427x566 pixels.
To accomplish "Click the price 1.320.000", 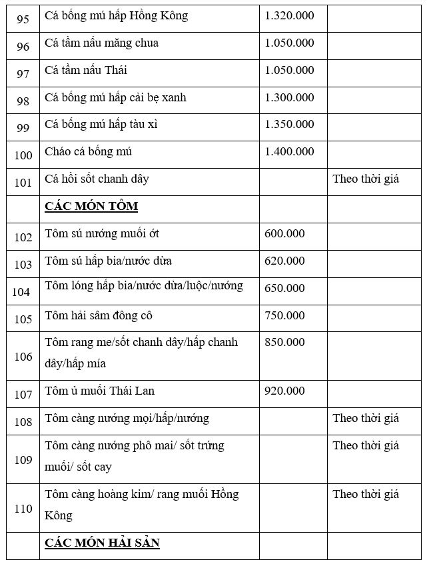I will (x=289, y=16).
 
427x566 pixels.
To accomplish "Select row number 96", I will (x=23, y=47).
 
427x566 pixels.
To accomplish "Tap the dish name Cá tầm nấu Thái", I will (x=86, y=71).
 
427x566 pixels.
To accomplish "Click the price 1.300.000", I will (x=289, y=98).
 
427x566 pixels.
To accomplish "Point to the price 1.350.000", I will (x=289, y=125).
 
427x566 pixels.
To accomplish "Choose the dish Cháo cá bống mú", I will (x=89, y=152).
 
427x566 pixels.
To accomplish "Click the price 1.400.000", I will (x=289, y=152).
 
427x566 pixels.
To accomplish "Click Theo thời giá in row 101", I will (x=366, y=179).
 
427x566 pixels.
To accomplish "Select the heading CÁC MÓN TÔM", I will (x=91, y=206).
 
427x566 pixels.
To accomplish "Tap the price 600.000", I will (x=284, y=234).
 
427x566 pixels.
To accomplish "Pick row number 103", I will (x=23, y=265).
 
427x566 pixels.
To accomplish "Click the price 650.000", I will (x=284, y=289).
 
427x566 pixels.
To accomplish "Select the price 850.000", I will (x=284, y=343).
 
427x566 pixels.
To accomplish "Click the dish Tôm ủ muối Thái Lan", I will (x=100, y=391).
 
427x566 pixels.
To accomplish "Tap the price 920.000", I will (x=284, y=391).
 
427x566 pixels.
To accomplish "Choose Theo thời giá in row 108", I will (x=366, y=419).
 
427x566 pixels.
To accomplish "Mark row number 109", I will (x=23, y=460).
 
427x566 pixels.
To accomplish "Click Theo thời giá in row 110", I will (x=366, y=495).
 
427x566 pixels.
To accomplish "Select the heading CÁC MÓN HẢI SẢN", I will (x=102, y=543).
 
